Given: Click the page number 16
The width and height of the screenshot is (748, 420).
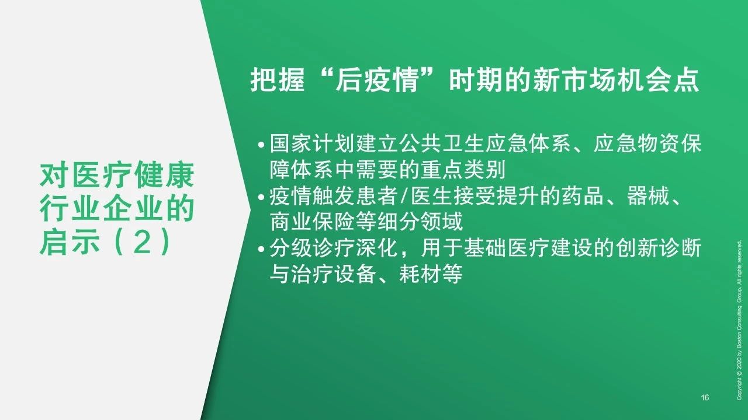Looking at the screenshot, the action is (705, 397).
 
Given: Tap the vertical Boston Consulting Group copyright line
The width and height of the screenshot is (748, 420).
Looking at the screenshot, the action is (739, 320).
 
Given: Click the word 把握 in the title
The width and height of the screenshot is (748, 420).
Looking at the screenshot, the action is (278, 80).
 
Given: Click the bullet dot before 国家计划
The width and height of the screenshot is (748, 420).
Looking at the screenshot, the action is (261, 145).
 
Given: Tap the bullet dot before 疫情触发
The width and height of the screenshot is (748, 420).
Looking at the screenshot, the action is (261, 197).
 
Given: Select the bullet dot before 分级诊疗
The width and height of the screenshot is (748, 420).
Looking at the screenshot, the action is (261, 249).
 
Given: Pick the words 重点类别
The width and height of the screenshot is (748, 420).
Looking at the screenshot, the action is (463, 170).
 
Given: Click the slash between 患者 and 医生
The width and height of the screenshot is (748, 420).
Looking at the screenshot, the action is (404, 196).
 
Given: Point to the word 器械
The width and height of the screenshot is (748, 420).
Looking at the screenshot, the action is (649, 195).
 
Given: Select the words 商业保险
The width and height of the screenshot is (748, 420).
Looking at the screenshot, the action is (312, 222).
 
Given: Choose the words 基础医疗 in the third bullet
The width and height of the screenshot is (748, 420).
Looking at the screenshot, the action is (506, 248).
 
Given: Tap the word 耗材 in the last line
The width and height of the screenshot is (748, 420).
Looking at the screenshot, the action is (420, 274).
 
